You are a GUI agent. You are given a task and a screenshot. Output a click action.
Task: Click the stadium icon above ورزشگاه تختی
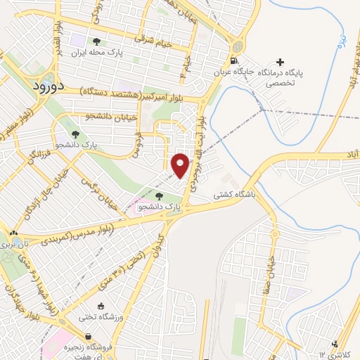(x=101, y=306)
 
